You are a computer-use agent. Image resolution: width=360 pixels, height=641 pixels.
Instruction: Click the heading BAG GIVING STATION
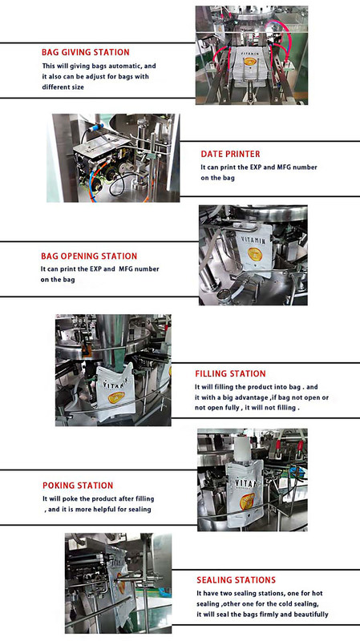point(86,52)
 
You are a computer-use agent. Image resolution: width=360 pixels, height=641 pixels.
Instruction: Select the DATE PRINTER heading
point(230,154)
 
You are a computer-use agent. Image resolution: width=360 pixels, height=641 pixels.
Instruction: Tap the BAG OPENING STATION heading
point(89,256)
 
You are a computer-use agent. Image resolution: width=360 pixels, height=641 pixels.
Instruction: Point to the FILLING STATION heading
point(230,373)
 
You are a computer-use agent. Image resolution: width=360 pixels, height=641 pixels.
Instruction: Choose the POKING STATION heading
point(78,486)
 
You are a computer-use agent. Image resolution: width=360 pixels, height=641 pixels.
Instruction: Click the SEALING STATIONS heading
point(236,580)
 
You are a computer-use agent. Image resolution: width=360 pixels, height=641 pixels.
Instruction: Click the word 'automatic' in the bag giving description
point(123,66)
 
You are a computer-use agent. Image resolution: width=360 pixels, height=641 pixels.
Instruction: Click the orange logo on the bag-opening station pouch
point(254,254)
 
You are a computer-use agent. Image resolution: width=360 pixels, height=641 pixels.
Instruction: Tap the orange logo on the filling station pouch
point(115,397)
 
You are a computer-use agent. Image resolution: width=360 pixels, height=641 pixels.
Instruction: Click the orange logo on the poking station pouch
point(247,502)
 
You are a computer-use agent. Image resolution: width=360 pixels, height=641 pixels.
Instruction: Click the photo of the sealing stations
point(118,583)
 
